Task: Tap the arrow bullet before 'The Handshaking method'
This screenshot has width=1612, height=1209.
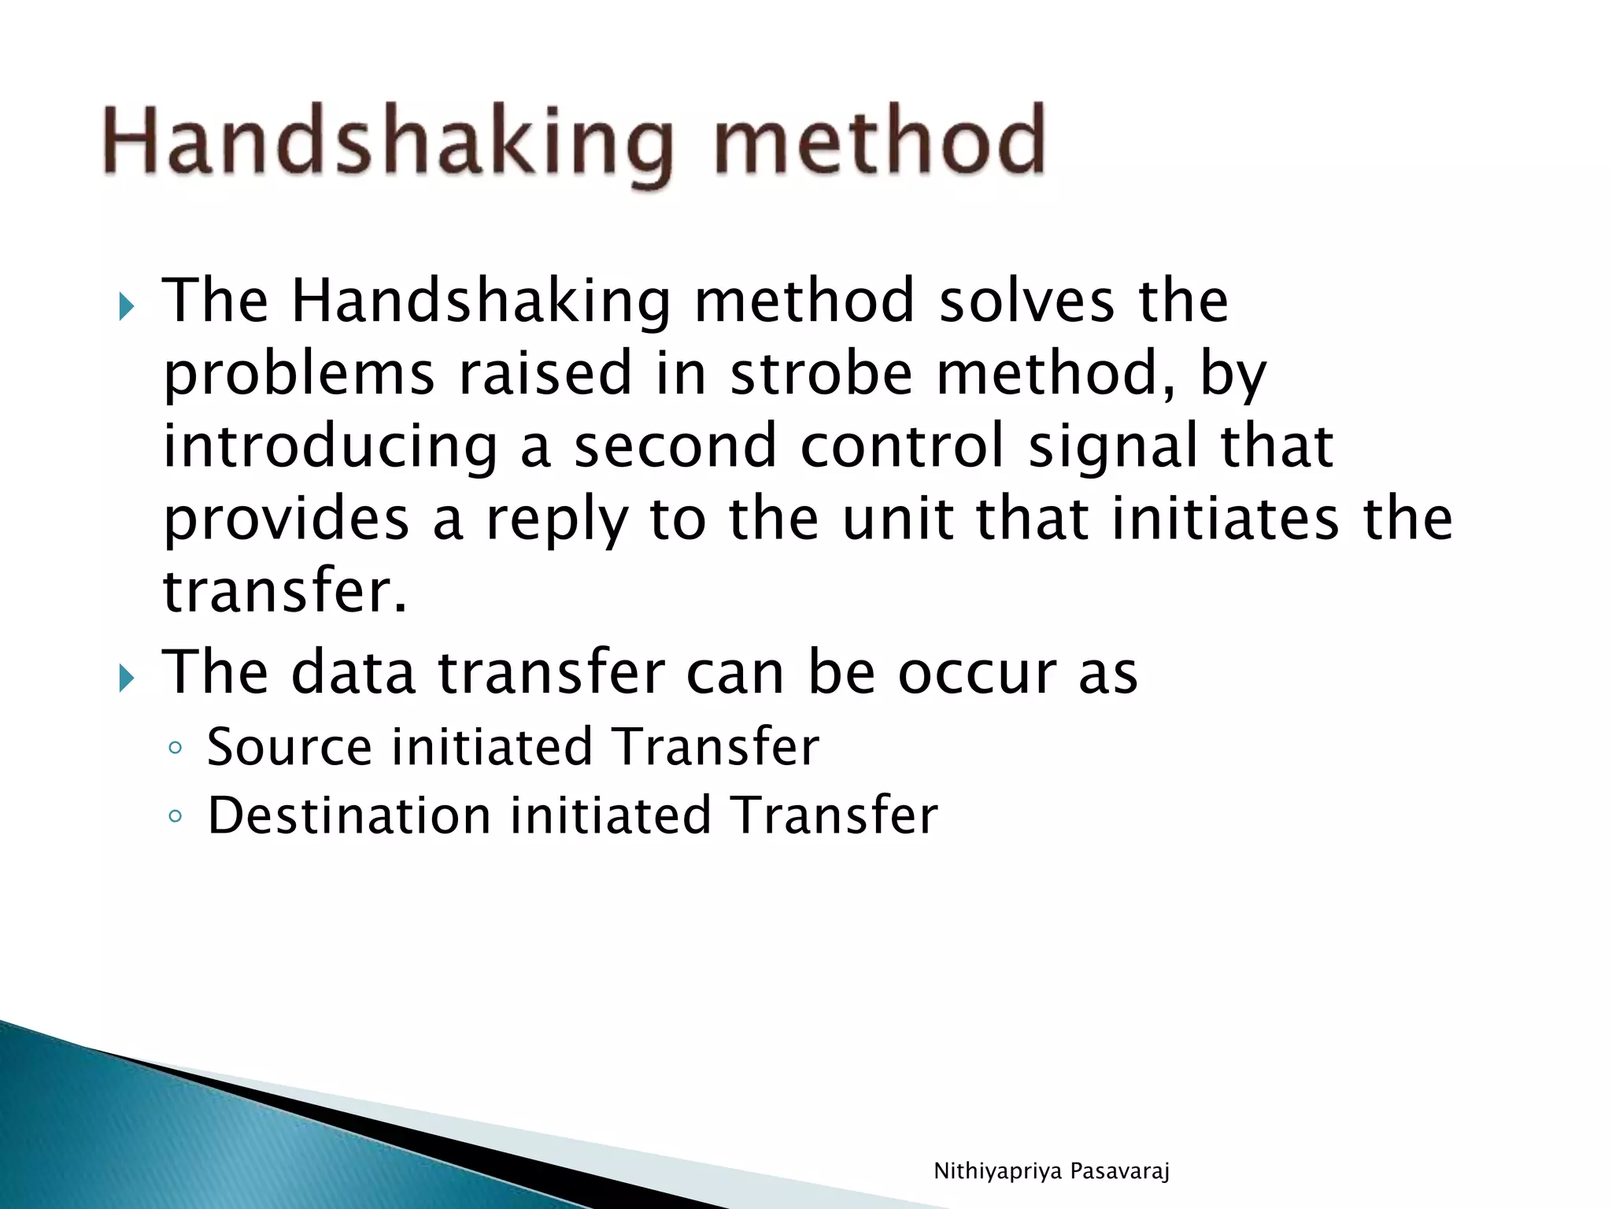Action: point(126,306)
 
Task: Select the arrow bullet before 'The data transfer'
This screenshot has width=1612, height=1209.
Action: point(126,677)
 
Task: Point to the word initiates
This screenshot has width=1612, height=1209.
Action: point(1224,519)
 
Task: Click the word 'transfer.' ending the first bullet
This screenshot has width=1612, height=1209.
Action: point(285,590)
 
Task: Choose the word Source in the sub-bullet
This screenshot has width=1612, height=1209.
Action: point(289,747)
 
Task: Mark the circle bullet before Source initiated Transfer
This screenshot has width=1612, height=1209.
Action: point(175,748)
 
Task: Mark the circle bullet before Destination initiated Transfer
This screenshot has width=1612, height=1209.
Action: point(175,816)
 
